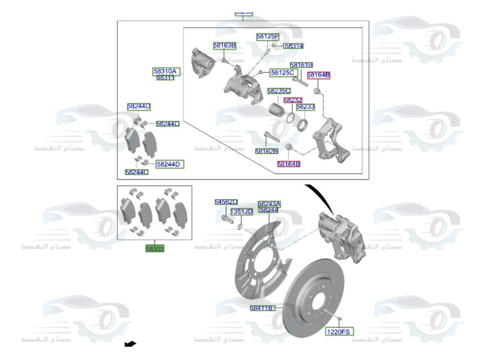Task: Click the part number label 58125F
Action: coord(267,36)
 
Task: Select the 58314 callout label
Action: coord(294,46)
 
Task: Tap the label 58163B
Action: coord(225,46)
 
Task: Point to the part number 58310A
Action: coord(165,72)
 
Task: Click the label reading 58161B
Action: coord(301,65)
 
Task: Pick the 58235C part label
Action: coord(278,91)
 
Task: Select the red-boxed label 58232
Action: coord(293,100)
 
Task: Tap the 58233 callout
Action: coord(305,107)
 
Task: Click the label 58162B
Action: coord(266,151)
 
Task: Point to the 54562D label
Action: coord(226,203)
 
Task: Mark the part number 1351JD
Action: coord(241,212)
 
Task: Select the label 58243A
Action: coord(269,204)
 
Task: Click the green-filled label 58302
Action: coord(155,249)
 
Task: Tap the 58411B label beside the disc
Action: coord(262,308)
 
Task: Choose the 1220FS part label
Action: coord(339,331)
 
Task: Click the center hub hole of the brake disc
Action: coord(317,303)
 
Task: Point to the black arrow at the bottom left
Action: coord(130,343)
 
